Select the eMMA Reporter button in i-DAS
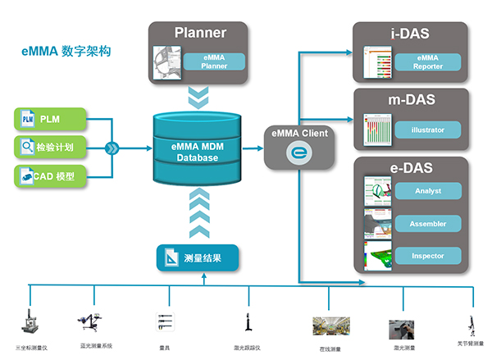[429, 62]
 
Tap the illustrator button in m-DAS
[429, 129]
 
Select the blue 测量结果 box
[198, 258]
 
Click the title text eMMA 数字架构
[67, 52]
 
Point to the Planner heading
[200, 34]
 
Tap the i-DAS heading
[410, 34]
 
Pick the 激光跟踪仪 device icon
[246, 319]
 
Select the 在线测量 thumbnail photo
[324, 326]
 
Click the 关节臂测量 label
[470, 344]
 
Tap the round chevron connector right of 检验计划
[112, 148]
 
